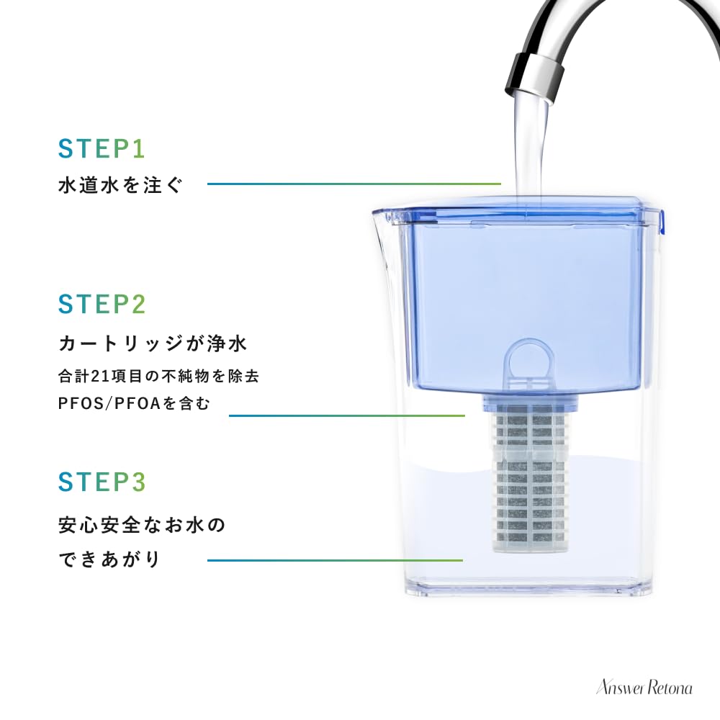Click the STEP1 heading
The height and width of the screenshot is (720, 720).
[102, 149]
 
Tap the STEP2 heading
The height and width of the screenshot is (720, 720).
[102, 304]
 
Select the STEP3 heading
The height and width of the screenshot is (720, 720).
[102, 482]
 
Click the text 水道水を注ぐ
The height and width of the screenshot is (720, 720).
[121, 185]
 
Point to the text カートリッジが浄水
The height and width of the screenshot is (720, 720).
[153, 343]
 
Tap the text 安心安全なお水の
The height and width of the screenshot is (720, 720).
[142, 525]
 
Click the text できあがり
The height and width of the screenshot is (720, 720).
[109, 559]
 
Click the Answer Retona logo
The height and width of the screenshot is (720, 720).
[644, 688]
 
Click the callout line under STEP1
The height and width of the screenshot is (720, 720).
[353, 184]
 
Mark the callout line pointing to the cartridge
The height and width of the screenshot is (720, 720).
[346, 415]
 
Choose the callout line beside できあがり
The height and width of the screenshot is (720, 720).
[335, 560]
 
